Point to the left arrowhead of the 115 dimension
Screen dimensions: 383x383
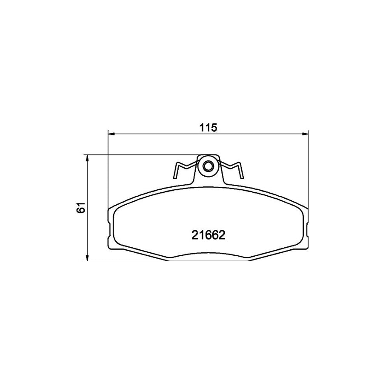click(111, 134)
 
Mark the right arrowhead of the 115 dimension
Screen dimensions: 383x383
click(305, 134)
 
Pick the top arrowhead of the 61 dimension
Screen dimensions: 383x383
click(87, 158)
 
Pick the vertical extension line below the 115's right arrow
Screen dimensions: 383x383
click(308, 170)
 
